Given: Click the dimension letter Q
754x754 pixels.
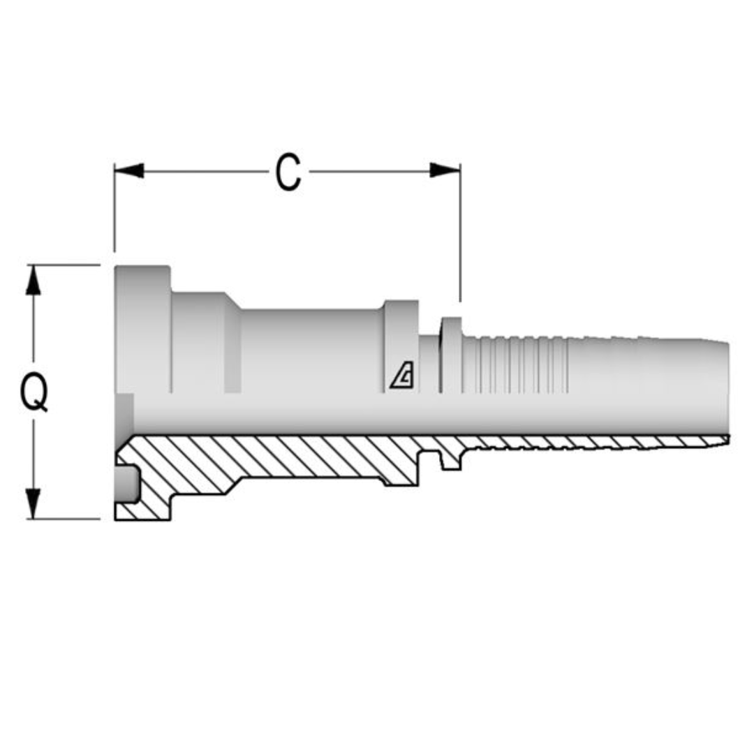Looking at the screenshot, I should coord(34,392).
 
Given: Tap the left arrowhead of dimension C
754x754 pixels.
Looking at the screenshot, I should coord(128,170).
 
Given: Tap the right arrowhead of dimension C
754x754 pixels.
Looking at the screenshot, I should coord(445,170).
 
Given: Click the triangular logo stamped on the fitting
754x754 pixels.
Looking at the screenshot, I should coord(402,377).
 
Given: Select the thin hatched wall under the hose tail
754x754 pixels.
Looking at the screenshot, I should coord(593,442).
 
